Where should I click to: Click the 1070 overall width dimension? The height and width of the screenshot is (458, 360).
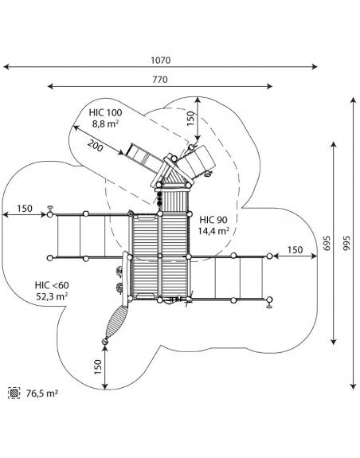pyautogui.click(x=161, y=61)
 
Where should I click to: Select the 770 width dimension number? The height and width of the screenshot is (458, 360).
pyautogui.click(x=160, y=80)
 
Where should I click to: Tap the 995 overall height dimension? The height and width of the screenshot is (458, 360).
pyautogui.click(x=346, y=243)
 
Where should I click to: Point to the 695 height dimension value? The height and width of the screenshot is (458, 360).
pyautogui.click(x=327, y=243)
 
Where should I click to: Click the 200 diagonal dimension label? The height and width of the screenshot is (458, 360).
pyautogui.click(x=96, y=146)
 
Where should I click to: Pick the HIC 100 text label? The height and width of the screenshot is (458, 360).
pyautogui.click(x=105, y=112)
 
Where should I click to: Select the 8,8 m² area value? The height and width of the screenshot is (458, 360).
pyautogui.click(x=105, y=123)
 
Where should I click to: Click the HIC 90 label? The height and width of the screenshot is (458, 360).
pyautogui.click(x=213, y=220)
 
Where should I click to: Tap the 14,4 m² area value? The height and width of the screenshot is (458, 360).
pyautogui.click(x=213, y=231)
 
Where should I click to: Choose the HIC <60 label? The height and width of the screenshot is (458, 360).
pyautogui.click(x=52, y=285)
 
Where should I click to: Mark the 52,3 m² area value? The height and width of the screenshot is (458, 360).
pyautogui.click(x=52, y=296)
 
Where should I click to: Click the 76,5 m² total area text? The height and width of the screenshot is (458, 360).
pyautogui.click(x=42, y=393)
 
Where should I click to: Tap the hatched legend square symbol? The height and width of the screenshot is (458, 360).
pyautogui.click(x=14, y=393)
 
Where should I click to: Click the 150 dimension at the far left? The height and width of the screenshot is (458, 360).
pyautogui.click(x=25, y=209)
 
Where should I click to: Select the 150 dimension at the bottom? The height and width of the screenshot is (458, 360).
pyautogui.click(x=98, y=367)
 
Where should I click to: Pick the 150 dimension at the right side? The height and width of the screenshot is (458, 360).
pyautogui.click(x=295, y=250)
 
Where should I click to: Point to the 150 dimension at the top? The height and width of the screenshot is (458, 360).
pyautogui.click(x=190, y=119)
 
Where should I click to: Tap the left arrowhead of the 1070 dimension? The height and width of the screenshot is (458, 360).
pyautogui.click(x=7, y=67)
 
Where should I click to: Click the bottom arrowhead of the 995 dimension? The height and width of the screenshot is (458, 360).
pyautogui.click(x=354, y=386)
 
